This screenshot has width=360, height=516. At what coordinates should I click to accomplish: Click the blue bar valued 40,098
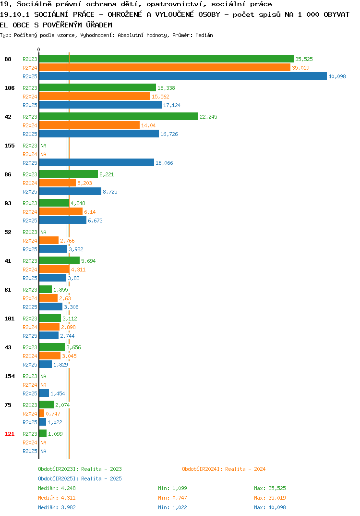click(x=183, y=76)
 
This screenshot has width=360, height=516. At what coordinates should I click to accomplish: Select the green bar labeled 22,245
click(x=119, y=116)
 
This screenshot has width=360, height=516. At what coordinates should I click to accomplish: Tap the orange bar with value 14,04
click(x=89, y=125)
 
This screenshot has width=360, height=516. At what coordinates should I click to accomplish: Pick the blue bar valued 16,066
click(x=96, y=162)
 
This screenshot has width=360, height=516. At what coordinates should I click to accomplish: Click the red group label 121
click(x=10, y=434)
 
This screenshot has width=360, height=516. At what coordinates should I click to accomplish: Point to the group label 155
click(x=10, y=146)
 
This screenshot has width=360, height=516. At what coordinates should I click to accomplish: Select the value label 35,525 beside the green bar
click(x=304, y=59)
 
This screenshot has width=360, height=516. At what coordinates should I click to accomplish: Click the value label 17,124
click(x=172, y=105)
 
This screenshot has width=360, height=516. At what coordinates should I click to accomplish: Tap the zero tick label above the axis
click(x=38, y=49)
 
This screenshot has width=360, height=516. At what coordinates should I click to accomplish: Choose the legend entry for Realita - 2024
click(x=224, y=469)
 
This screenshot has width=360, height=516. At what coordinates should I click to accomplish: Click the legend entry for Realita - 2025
click(x=80, y=479)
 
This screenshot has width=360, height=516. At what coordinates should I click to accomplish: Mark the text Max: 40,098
click(x=270, y=507)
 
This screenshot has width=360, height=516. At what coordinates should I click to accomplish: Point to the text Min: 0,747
click(x=172, y=498)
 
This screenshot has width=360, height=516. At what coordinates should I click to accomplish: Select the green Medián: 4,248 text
click(x=57, y=488)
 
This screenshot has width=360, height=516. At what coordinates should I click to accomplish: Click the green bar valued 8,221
click(x=69, y=174)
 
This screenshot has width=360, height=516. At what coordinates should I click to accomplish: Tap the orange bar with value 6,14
click(x=61, y=211)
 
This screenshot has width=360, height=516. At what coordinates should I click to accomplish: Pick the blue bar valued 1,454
click(x=44, y=393)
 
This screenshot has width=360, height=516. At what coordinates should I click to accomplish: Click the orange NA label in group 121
click(x=43, y=442)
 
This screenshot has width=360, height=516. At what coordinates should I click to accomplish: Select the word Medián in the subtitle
click(x=204, y=35)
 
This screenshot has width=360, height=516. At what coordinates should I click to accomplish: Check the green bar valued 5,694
click(x=60, y=260)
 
